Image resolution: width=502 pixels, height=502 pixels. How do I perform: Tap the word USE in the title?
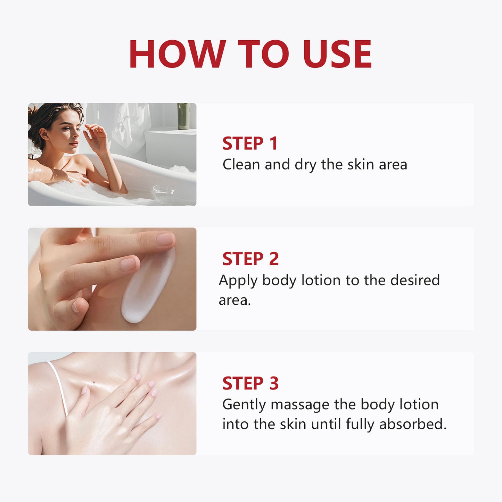tap(337, 54)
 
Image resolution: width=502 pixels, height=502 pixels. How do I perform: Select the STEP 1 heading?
tap(250, 143)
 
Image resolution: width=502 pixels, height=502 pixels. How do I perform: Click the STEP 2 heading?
tap(250, 259)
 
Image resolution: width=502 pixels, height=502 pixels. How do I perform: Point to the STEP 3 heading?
tap(250, 383)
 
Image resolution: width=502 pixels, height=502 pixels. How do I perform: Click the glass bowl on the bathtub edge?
tap(164, 194)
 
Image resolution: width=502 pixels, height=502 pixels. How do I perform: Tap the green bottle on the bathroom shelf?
tap(183, 116)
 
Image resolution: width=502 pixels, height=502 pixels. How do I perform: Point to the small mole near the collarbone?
tap(94, 384)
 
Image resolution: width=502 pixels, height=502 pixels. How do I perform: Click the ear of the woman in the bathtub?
tap(44, 134)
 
